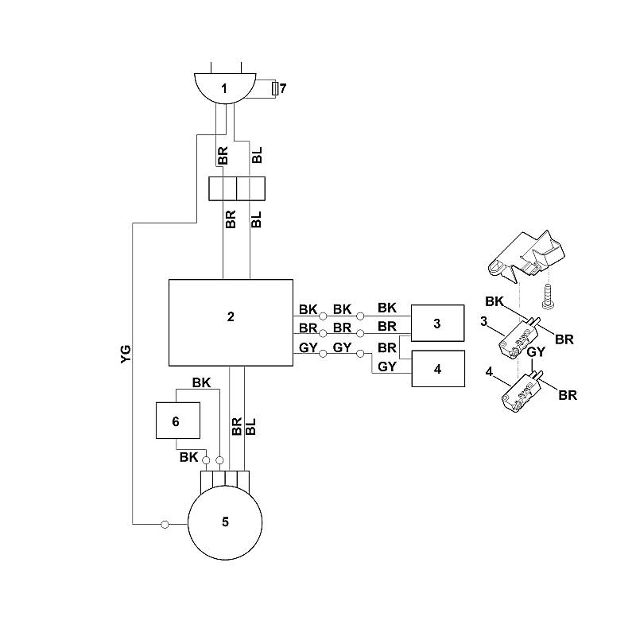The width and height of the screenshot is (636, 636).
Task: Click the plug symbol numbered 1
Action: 225,88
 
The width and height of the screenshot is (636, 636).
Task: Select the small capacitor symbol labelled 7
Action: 275,88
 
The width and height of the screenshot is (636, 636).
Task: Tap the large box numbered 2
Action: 231,323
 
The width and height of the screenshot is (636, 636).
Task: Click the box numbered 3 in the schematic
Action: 438,324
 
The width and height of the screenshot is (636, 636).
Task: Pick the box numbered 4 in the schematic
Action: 438,369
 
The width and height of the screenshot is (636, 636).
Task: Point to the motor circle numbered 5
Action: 225,522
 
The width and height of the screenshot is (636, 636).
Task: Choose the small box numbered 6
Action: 178,421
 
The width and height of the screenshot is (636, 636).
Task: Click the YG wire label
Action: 126,354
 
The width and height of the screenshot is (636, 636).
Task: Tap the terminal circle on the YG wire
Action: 165,525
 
